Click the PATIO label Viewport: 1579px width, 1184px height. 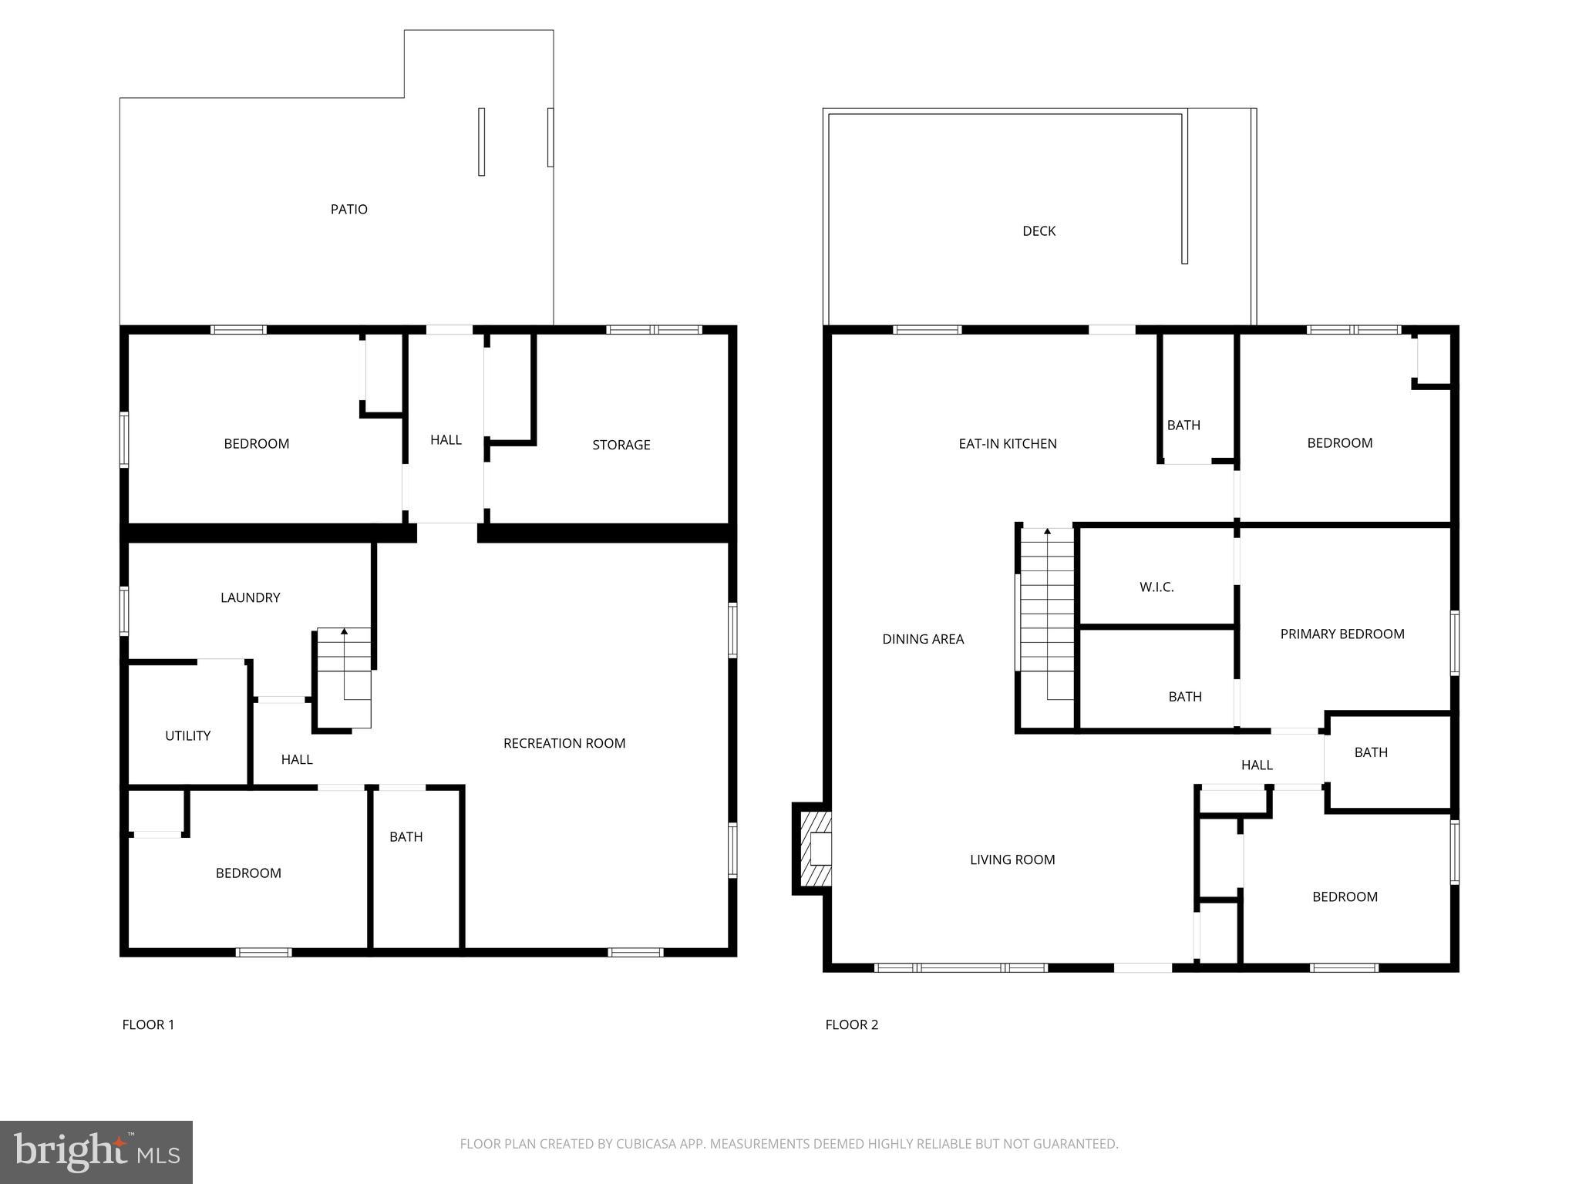click(348, 209)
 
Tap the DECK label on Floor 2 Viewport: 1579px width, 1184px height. click(1039, 230)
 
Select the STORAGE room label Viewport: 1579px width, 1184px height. click(621, 445)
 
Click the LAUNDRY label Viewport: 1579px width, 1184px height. click(250, 597)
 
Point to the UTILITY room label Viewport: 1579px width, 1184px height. click(187, 735)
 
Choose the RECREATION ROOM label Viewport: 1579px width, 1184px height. click(564, 743)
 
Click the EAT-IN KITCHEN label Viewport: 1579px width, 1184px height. click(1007, 443)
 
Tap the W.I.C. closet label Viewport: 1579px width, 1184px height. click(1156, 587)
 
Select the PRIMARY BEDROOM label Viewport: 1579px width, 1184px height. click(1342, 634)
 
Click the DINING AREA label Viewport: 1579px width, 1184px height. click(923, 638)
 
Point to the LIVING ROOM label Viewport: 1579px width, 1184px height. click(1012, 859)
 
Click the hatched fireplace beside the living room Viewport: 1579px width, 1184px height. click(814, 849)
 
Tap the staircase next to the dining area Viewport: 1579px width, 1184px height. click(1046, 617)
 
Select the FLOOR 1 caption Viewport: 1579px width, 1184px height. click(148, 1024)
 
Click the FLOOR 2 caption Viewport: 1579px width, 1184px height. click(851, 1024)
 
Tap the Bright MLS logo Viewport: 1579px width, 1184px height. click(96, 1152)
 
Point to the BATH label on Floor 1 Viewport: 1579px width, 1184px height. click(406, 836)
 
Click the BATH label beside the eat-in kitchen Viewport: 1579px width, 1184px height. click(1183, 425)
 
